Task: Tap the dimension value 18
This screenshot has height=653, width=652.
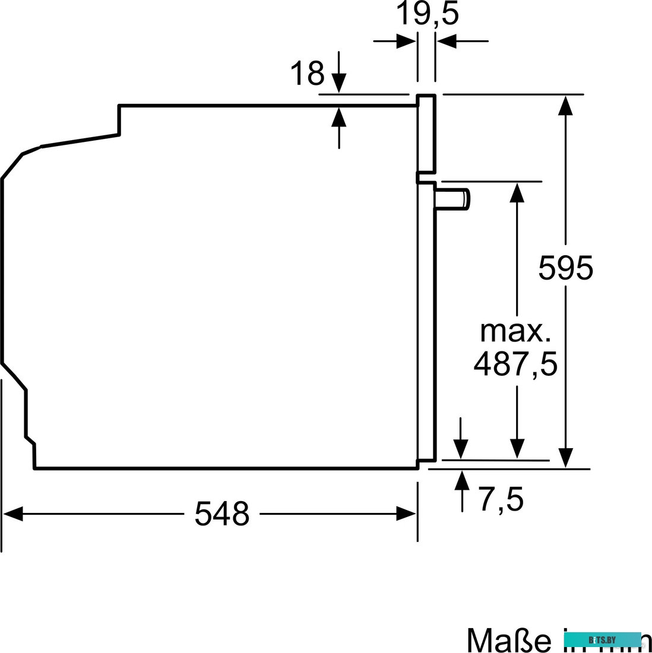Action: click(307, 74)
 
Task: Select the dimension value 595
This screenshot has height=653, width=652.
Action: click(565, 268)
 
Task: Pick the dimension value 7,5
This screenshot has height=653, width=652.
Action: click(501, 499)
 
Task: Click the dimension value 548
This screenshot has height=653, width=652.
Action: click(221, 513)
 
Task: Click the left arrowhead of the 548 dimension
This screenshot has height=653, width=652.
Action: click(12, 514)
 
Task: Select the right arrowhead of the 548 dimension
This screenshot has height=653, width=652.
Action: click(407, 514)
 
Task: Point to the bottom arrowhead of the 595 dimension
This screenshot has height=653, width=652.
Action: click(566, 458)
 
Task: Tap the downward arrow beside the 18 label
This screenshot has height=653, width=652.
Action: click(338, 82)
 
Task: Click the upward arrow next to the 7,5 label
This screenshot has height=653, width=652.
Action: click(462, 480)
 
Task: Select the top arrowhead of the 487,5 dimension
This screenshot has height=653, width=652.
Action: click(517, 192)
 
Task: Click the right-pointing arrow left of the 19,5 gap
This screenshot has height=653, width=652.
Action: click(406, 41)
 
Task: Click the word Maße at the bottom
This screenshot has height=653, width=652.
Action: click(508, 640)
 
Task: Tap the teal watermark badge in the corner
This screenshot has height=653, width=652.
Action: click(602, 639)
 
